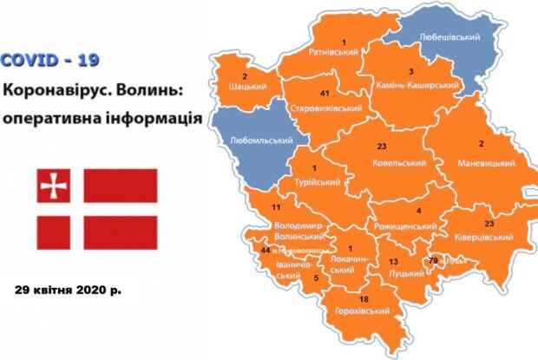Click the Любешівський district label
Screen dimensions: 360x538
pyautogui.click(x=449, y=38)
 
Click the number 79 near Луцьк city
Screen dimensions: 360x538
pyautogui.click(x=433, y=259)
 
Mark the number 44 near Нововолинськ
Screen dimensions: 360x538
pyautogui.click(x=266, y=249)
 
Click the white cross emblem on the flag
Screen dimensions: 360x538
pyautogui.click(x=53, y=185)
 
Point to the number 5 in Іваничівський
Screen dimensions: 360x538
pyautogui.click(x=316, y=278)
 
